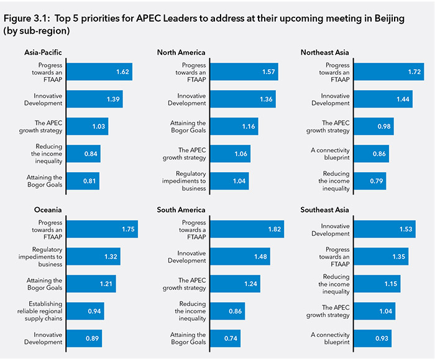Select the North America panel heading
point(181,52)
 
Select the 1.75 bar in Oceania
point(102,229)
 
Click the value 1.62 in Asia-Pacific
point(122,72)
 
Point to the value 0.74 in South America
point(230,338)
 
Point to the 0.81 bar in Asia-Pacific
point(83,181)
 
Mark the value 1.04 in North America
point(239,181)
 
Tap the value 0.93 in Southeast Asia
point(381,338)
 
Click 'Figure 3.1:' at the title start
point(26,19)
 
